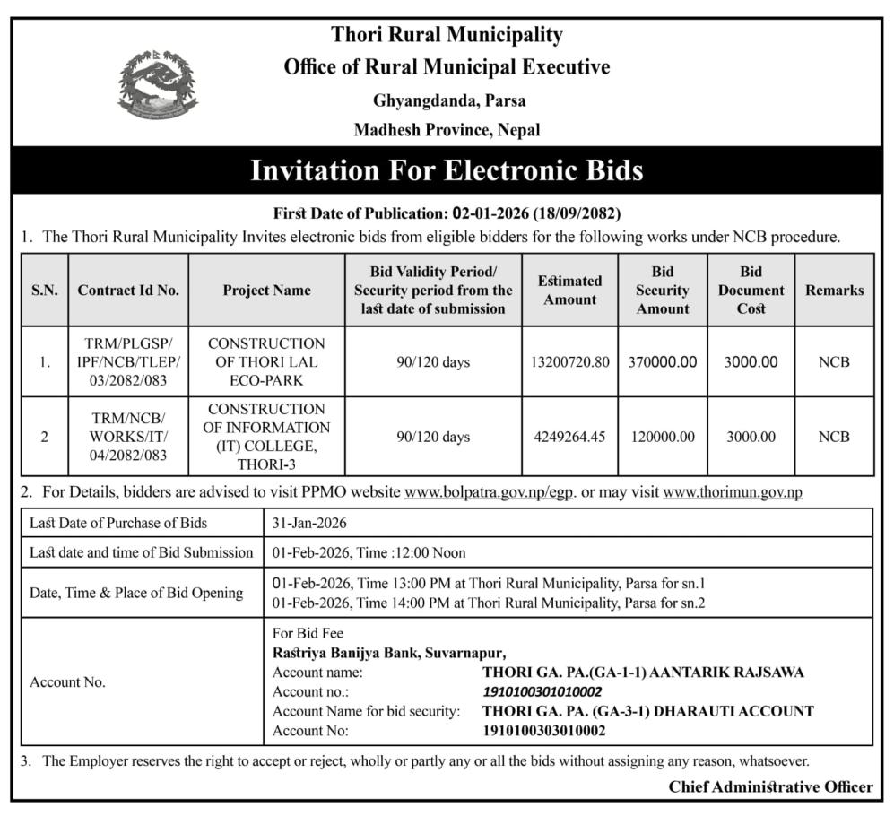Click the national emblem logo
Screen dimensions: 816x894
(x=158, y=85)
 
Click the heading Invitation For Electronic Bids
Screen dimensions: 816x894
(x=447, y=169)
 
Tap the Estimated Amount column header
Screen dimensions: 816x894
(x=569, y=290)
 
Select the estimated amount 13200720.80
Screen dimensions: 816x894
(x=569, y=362)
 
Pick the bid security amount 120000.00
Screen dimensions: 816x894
(x=662, y=437)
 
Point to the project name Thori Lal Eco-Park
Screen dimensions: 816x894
(x=266, y=362)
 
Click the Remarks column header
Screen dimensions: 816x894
(x=834, y=290)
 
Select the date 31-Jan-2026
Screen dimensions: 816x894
(x=309, y=523)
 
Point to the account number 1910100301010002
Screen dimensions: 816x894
(x=542, y=691)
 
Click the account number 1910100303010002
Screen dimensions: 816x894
(x=543, y=731)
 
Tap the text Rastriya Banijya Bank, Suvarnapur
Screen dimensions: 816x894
(x=390, y=653)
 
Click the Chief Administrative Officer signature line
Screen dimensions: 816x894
(x=770, y=786)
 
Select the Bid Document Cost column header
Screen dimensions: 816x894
(x=751, y=290)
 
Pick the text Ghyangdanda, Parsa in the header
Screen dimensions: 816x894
(x=447, y=100)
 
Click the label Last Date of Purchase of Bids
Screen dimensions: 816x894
(x=118, y=523)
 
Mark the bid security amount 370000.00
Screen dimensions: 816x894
(x=662, y=362)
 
